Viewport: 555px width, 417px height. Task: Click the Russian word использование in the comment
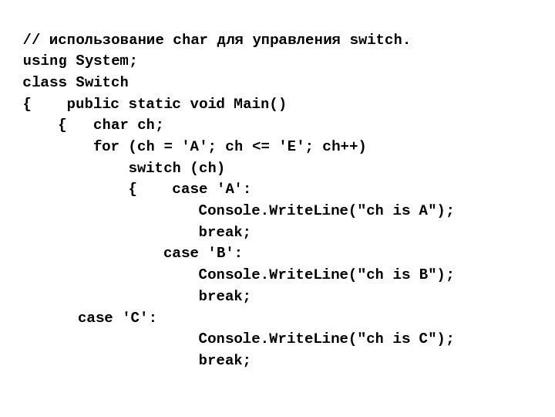(106, 40)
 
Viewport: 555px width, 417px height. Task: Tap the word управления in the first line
(296, 40)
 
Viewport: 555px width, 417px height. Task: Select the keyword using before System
(45, 61)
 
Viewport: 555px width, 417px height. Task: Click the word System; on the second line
(106, 61)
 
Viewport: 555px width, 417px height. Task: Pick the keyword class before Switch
(45, 83)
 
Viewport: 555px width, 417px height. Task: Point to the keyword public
(92, 104)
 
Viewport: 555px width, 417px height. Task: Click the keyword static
(154, 104)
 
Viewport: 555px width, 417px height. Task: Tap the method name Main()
(260, 104)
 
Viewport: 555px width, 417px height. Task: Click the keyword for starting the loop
(106, 147)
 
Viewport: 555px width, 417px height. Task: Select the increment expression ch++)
(344, 147)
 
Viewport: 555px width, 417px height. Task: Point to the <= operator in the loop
(261, 147)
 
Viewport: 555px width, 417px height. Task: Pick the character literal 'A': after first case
(234, 189)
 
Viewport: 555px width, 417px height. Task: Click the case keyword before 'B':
(180, 253)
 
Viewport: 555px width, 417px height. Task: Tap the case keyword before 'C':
(95, 317)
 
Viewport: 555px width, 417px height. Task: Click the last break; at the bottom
(224, 361)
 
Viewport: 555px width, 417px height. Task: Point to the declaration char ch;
(128, 125)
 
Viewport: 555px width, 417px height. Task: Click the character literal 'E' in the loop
(292, 147)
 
